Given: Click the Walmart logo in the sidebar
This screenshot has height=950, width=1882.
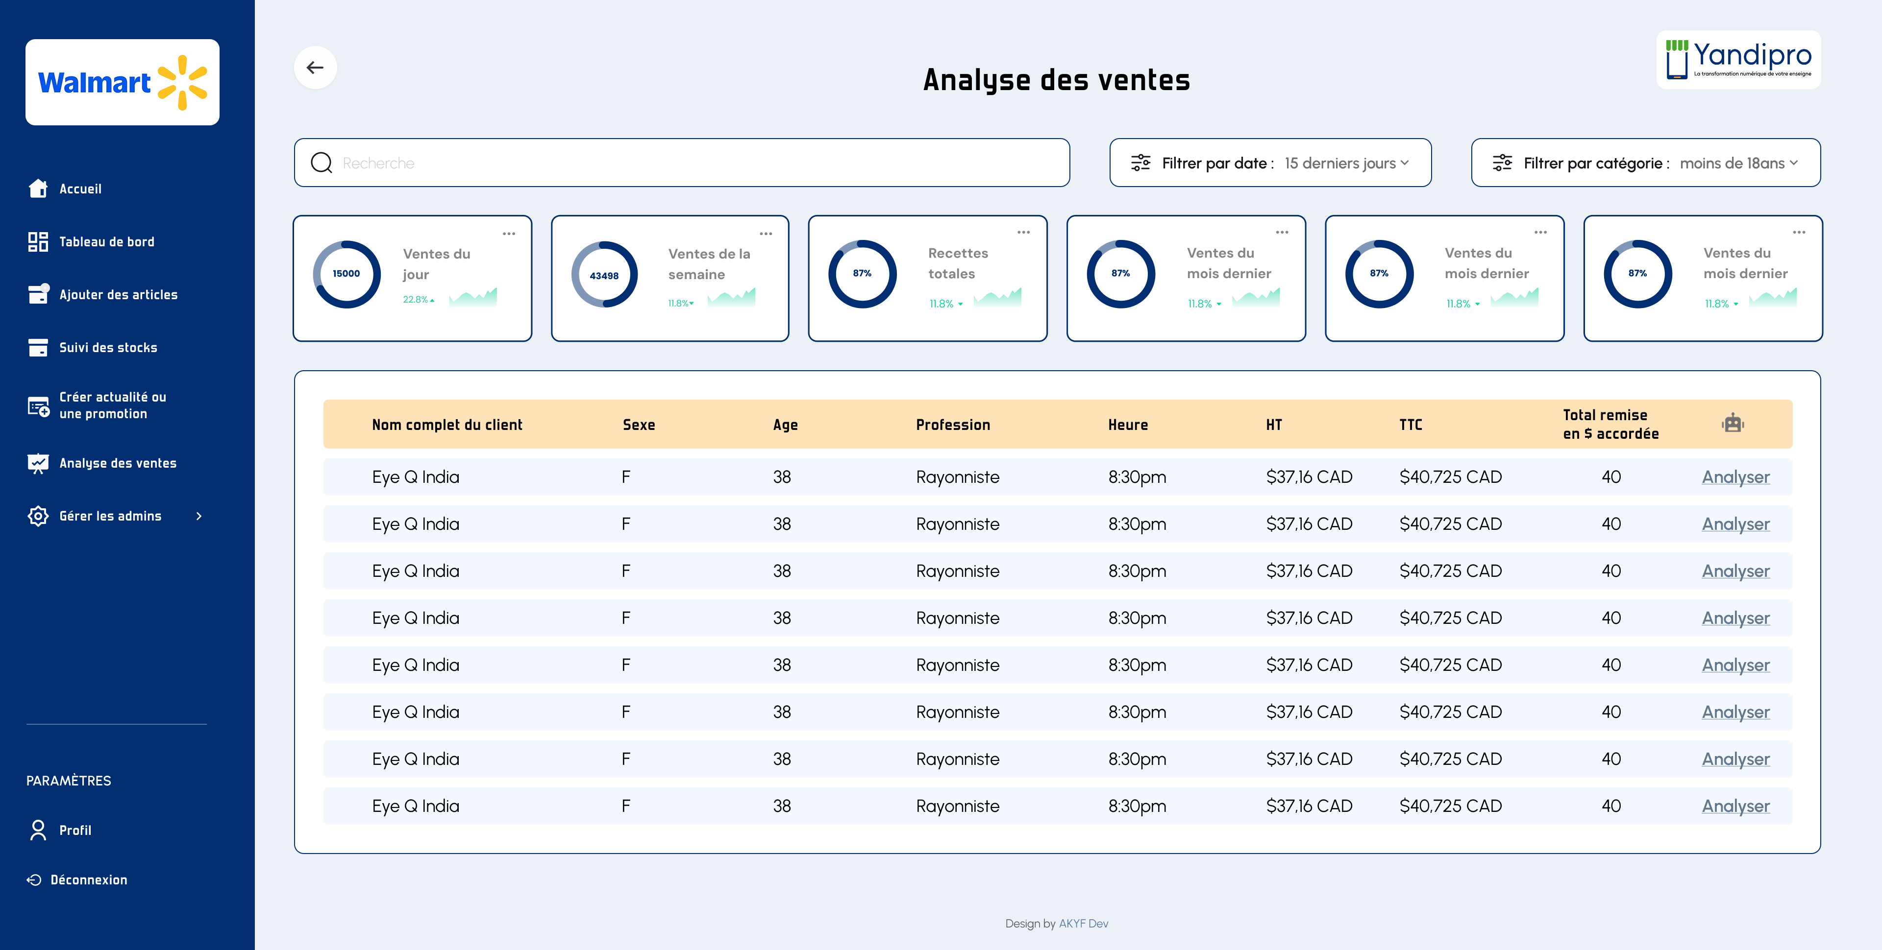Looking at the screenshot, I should click(x=122, y=83).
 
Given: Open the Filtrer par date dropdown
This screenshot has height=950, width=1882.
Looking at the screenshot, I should click(x=1270, y=163).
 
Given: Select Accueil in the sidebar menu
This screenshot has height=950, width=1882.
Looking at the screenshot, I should click(x=80, y=189).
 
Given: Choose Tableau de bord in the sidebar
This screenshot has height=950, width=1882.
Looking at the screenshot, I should click(x=107, y=242).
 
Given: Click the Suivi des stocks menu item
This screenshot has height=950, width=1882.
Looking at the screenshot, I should click(x=108, y=348).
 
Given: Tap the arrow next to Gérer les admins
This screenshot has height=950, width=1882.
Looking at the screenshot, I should click(x=198, y=516).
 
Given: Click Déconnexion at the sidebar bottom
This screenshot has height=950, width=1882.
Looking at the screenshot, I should click(x=88, y=880).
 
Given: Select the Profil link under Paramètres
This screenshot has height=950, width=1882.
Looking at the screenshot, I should click(x=75, y=830).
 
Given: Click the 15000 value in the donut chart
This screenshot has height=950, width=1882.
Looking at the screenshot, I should click(x=347, y=274).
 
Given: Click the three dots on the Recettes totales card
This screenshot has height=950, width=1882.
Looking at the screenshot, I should click(x=1023, y=232).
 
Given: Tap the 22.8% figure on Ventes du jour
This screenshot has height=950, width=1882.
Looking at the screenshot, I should click(x=416, y=299).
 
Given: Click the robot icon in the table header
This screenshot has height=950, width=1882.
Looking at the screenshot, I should click(x=1732, y=424).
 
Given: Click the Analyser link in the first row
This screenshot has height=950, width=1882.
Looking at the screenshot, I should click(x=1735, y=477).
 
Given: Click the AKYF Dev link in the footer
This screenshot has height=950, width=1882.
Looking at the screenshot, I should click(x=1084, y=924).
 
